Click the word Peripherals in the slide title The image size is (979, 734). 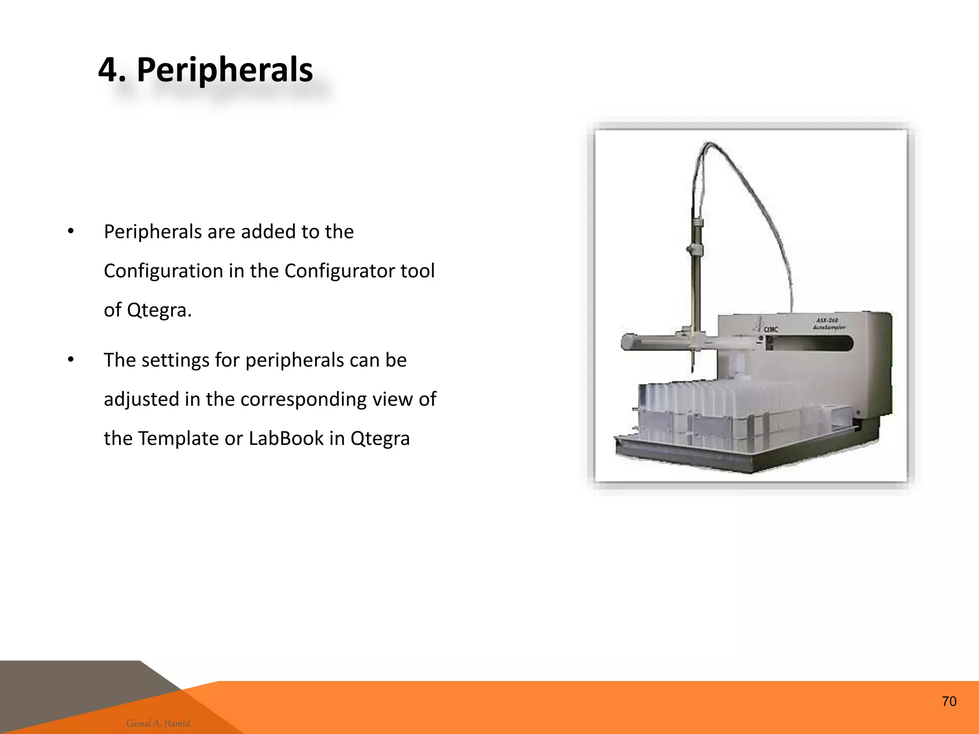pos(225,70)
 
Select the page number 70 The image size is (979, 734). pos(949,701)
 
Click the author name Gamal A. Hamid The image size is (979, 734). pos(158,723)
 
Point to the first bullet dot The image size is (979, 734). pos(71,232)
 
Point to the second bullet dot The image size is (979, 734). pos(71,360)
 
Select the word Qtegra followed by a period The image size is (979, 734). pos(159,310)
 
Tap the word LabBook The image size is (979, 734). pos(286,438)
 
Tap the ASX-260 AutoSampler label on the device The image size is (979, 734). pos(829,324)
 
